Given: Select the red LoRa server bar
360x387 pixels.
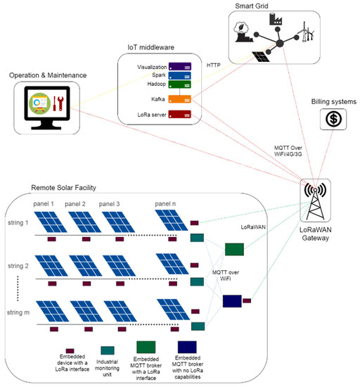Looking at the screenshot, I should click(179, 115).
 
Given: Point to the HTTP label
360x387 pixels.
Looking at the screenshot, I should click(214, 65).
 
